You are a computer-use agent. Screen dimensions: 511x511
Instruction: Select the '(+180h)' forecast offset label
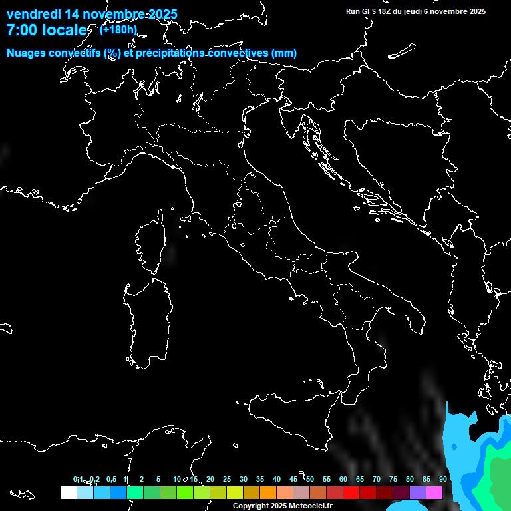click(x=118, y=29)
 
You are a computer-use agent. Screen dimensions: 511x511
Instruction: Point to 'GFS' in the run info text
click(x=369, y=11)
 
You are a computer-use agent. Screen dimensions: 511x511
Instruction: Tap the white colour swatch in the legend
click(x=68, y=492)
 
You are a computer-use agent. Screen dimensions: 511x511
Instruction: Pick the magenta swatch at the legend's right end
click(x=434, y=492)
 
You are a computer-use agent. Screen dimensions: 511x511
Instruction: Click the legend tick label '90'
click(x=443, y=479)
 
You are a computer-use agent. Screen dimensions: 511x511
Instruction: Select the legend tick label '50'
click(x=310, y=479)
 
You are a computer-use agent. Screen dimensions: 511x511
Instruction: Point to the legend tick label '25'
click(x=227, y=479)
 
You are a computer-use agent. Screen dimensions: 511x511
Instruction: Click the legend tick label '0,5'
click(x=111, y=479)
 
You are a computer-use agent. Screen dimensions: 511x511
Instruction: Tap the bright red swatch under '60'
click(x=351, y=492)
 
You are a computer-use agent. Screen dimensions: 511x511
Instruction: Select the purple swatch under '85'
click(x=418, y=492)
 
